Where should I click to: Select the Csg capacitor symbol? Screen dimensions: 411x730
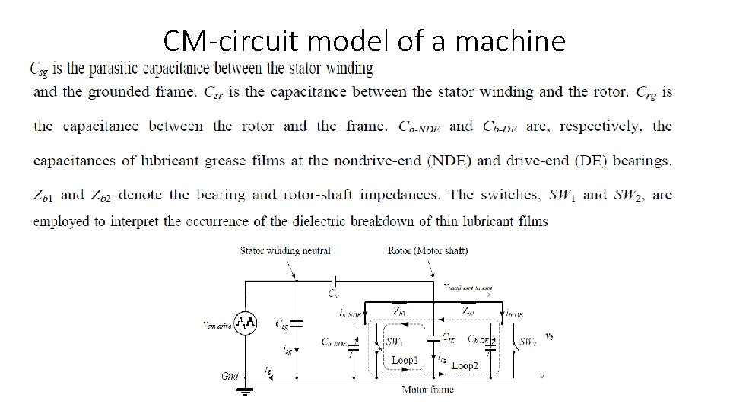[297, 323]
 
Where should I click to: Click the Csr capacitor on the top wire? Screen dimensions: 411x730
[332, 279]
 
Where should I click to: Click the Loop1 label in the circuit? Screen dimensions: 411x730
[405, 360]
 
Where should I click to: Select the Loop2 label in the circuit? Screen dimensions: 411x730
[465, 365]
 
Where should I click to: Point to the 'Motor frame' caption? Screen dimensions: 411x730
[427, 389]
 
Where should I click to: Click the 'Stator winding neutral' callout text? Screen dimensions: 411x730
[285, 250]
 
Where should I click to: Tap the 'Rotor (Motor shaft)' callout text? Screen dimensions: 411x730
[428, 250]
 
